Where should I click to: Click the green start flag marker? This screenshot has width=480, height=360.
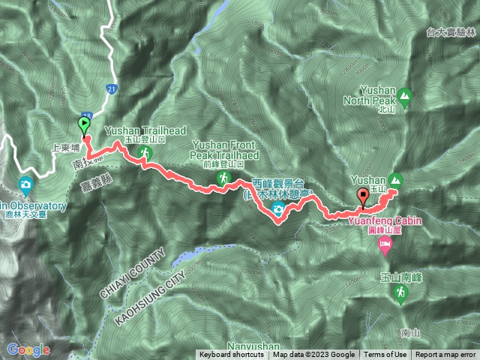(84, 125)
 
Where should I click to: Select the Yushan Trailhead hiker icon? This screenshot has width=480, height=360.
(145, 154)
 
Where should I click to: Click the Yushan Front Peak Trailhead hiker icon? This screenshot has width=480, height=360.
(223, 178)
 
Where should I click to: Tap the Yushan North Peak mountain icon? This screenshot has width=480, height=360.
(405, 95)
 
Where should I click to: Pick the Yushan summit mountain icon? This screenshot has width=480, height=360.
(396, 179)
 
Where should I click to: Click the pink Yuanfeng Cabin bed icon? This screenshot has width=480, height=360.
(385, 244)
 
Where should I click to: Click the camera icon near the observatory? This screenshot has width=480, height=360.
(25, 184)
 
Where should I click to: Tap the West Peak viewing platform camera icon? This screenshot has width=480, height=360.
(279, 209)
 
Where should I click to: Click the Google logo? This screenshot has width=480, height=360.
(28, 349)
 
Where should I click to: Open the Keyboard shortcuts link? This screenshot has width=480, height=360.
(231, 355)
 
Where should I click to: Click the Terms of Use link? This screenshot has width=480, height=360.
(385, 355)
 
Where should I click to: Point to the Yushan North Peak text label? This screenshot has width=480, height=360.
(379, 100)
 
